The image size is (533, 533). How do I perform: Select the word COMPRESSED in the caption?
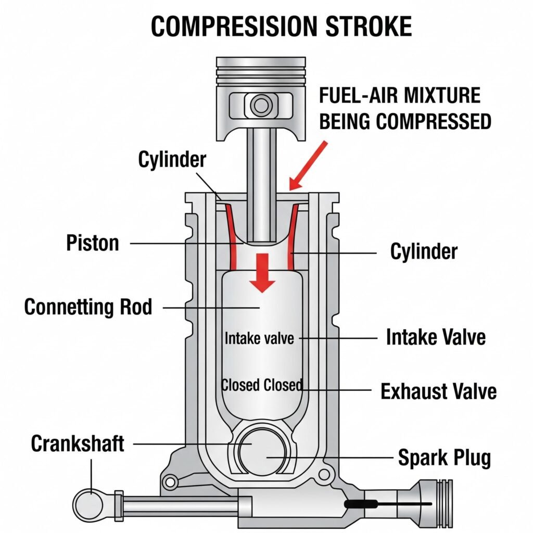point(434,121)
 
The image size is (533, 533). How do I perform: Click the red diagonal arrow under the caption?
point(308,166)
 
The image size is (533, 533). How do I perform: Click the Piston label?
point(93,243)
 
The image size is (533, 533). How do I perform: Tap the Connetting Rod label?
point(88,307)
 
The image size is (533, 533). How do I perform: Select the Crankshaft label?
point(78,444)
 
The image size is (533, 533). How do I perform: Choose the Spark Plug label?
point(444,458)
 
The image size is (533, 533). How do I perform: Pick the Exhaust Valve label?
point(438,391)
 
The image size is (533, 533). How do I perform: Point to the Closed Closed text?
point(262,385)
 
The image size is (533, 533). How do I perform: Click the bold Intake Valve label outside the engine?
point(436,337)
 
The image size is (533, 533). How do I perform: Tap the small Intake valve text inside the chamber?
point(259,338)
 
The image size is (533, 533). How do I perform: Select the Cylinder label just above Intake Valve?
point(424,252)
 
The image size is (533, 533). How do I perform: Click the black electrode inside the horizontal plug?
point(359,504)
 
